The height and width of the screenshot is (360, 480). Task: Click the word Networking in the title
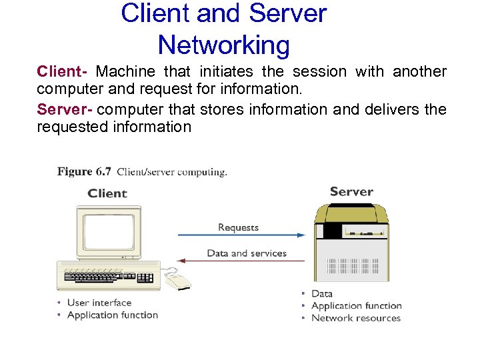pos(224,45)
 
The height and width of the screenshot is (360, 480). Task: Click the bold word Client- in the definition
pos(63,71)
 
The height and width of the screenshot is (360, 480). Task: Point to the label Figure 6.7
pos(84,171)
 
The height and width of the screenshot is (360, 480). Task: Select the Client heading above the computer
pos(107,193)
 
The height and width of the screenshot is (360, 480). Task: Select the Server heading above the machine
pos(351,191)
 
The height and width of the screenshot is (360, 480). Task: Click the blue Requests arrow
pos(240,235)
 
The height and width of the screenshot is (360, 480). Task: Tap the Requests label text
pos(238,227)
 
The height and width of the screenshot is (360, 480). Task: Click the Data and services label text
pos(247,253)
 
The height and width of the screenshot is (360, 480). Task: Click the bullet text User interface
pos(99,303)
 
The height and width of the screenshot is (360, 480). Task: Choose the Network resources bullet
pos(356,318)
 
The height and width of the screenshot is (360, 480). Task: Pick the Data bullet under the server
pos(321,293)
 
